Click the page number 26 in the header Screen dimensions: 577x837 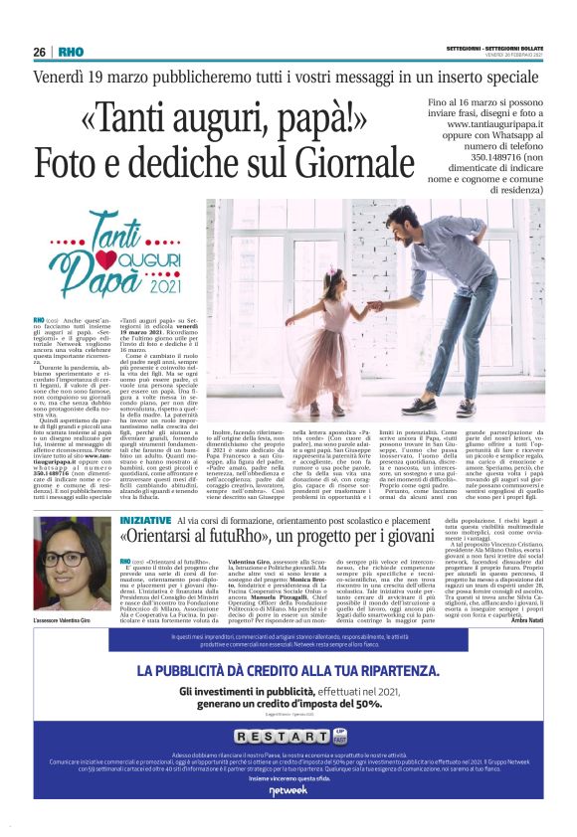click(39, 52)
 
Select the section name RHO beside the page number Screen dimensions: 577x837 click(71, 52)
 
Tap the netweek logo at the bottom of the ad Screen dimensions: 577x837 click(288, 791)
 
